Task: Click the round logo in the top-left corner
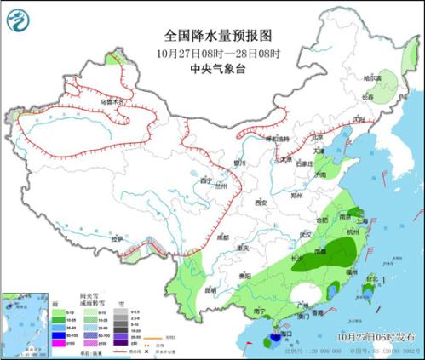click(x=16, y=16)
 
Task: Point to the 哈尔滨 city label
click(x=373, y=77)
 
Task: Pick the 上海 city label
click(x=363, y=220)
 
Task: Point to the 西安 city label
click(x=261, y=203)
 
